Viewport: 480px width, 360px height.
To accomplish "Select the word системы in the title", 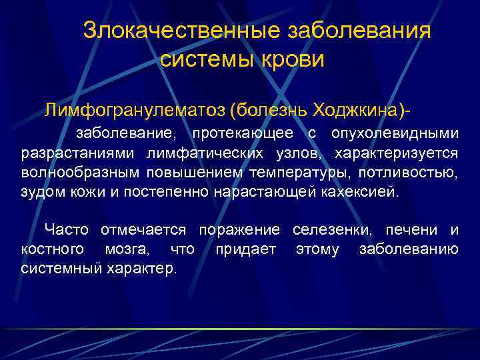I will pyautogui.click(x=205, y=59).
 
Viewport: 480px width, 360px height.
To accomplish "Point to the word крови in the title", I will pyautogui.click(x=293, y=59).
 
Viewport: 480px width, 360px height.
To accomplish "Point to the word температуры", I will pyautogui.click(x=299, y=173).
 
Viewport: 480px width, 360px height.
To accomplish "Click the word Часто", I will pyautogui.click(x=67, y=230).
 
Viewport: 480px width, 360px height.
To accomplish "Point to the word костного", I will pyautogui.click(x=53, y=249).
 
